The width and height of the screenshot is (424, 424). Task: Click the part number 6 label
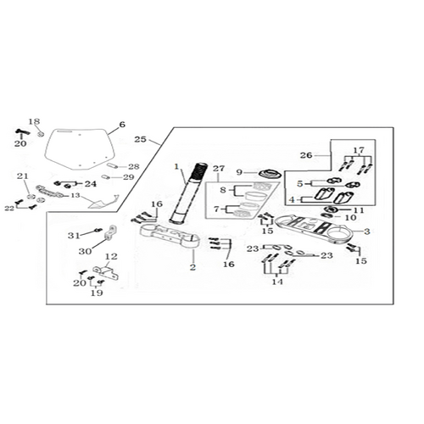pyautogui.click(x=122, y=125)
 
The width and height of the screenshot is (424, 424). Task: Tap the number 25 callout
pyautogui.click(x=140, y=139)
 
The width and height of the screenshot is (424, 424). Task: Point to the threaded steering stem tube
pyautogui.click(x=188, y=192)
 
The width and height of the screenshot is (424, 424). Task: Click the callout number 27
pyautogui.click(x=219, y=169)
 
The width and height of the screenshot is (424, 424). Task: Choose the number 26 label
pyautogui.click(x=306, y=155)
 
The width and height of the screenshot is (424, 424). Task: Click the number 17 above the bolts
pyautogui.click(x=359, y=150)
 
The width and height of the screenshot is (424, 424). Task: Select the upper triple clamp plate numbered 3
pyautogui.click(x=311, y=229)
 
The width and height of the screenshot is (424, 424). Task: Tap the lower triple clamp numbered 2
pyautogui.click(x=170, y=236)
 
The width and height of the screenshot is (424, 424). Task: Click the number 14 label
pyautogui.click(x=277, y=282)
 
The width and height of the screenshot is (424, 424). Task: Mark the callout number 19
pyautogui.click(x=97, y=293)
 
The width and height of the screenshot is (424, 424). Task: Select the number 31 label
pyautogui.click(x=74, y=235)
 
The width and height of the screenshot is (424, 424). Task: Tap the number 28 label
pyautogui.click(x=134, y=166)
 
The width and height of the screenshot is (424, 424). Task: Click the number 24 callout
pyautogui.click(x=91, y=184)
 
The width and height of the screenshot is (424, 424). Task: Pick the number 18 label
pyautogui.click(x=34, y=121)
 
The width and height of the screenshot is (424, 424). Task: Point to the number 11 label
pyautogui.click(x=359, y=210)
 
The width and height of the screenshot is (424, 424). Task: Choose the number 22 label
pyautogui.click(x=9, y=209)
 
